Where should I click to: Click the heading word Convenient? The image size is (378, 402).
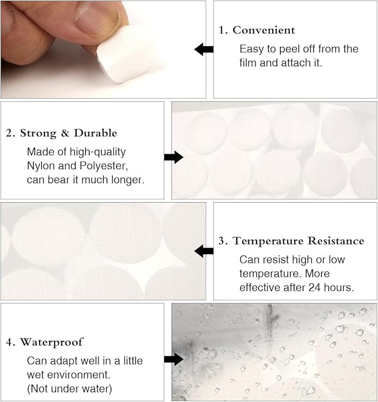264,30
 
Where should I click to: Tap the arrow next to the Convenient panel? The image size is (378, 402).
204,50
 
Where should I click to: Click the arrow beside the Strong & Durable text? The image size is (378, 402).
174,157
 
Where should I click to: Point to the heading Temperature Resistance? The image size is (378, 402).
298,241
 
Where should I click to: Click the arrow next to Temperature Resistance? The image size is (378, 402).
204,251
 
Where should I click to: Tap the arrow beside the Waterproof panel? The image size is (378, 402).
174,359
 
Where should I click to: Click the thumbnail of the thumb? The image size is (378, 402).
100,19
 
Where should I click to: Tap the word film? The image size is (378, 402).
248,63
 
